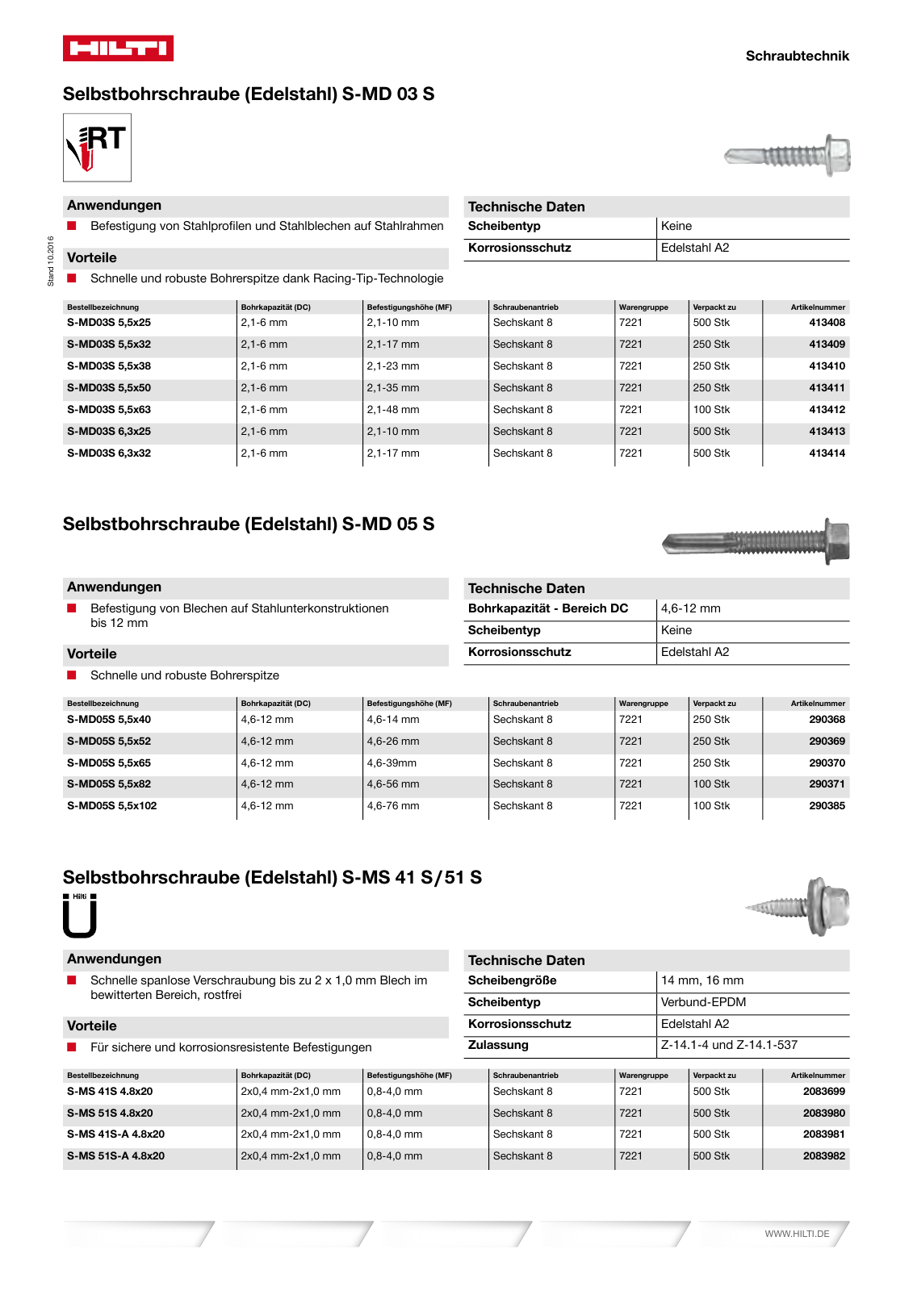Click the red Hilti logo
tap(118, 48)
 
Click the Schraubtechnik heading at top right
tap(797, 56)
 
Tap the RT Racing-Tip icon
tap(97, 147)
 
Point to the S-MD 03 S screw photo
tap(787, 155)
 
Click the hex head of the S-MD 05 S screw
tap(837, 541)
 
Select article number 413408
tap(827, 323)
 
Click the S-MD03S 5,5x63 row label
tap(109, 410)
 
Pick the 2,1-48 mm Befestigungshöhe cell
tap(393, 410)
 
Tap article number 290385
tap(827, 806)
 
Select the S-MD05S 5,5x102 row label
tap(112, 806)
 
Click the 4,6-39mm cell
tap(392, 763)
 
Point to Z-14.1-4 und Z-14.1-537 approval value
tap(729, 1045)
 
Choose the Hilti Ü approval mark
tap(80, 916)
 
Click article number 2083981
tap(823, 1134)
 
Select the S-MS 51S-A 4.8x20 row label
tap(115, 1156)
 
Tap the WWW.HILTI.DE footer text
tap(797, 1234)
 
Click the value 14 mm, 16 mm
tap(702, 980)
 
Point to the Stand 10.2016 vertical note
tap(51, 261)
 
